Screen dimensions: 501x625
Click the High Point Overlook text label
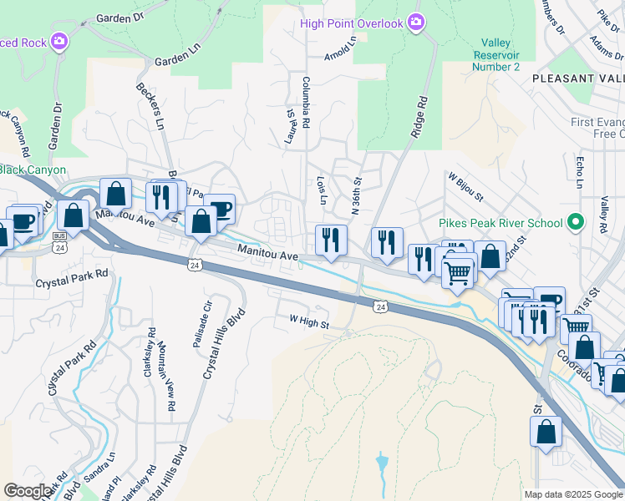351,23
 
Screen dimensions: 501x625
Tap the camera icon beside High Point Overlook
416,23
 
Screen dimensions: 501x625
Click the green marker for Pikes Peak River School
574,223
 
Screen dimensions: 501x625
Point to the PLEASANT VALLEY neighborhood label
577,78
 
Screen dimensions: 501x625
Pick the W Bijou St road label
465,187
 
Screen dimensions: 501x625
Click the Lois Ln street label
321,190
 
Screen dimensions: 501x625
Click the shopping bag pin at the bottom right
546,432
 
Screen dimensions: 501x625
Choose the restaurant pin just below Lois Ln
331,240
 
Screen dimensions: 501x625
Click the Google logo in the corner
28,491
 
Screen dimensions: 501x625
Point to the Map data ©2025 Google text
573,494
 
